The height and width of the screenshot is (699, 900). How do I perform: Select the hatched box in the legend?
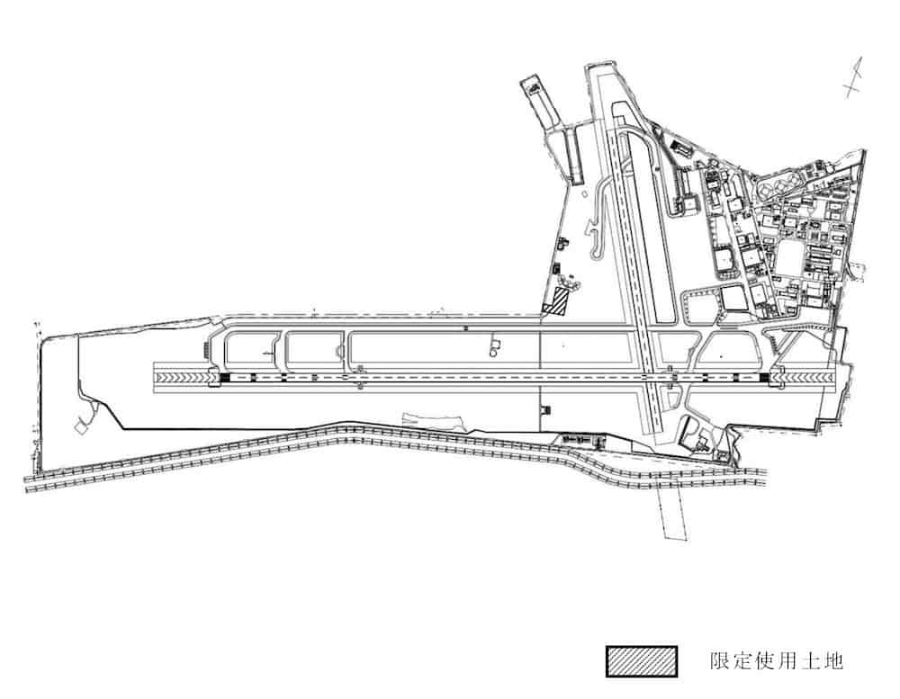641,660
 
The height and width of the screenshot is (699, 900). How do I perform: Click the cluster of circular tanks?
776,188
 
